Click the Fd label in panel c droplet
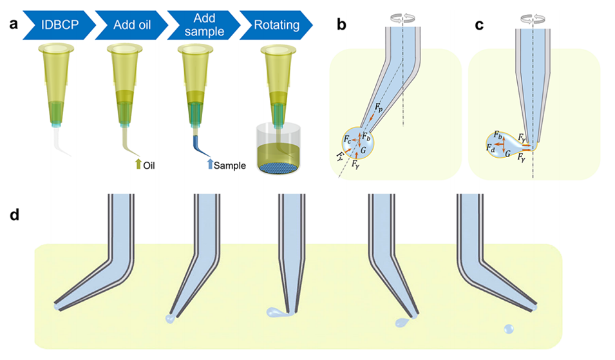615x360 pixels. pos(491,147)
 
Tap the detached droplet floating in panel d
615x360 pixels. pos(509,329)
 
